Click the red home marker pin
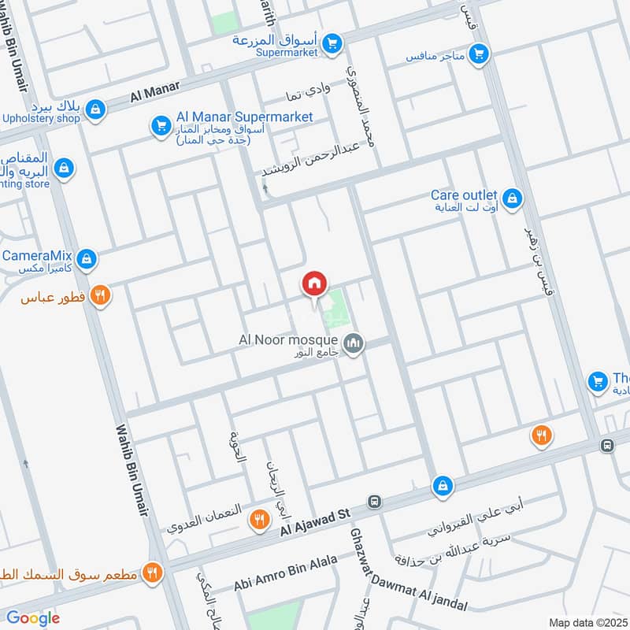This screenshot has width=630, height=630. (314, 284)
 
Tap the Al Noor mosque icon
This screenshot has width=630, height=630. (354, 343)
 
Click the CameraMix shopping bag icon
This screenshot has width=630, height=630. (87, 258)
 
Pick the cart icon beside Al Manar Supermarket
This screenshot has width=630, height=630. (161, 125)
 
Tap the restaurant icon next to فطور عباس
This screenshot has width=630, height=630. (99, 296)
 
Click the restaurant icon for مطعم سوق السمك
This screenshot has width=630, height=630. (153, 573)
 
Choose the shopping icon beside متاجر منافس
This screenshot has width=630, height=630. (477, 54)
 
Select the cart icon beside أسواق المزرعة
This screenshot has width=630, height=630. (332, 43)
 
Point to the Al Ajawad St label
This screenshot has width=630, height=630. (315, 522)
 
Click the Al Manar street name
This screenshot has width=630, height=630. (154, 94)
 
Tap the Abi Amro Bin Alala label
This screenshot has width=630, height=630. (285, 573)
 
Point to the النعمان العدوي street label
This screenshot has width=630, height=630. (206, 517)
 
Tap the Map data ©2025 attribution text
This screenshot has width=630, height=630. (586, 622)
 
